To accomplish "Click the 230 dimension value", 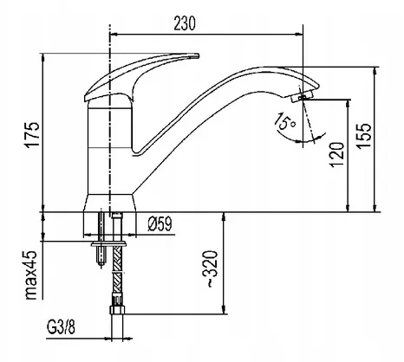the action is click(185, 23).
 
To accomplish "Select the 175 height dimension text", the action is click(32, 135).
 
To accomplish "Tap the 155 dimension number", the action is click(363, 136).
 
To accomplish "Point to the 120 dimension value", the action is click(337, 154).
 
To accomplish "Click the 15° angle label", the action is click(284, 121).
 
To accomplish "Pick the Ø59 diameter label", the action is click(160, 223).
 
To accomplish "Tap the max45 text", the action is click(31, 275).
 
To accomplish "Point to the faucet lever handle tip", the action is click(199, 55).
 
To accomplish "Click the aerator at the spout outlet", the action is click(303, 96).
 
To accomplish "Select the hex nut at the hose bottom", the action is click(117, 310).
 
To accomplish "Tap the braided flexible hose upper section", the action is click(117, 259).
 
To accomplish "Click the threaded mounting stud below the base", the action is click(101, 238).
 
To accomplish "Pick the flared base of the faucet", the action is click(109, 203).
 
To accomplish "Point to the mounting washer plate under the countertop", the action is click(108, 244).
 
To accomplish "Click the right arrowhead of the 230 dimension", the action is click(299, 35).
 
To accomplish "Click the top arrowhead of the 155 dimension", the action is click(375, 72).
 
